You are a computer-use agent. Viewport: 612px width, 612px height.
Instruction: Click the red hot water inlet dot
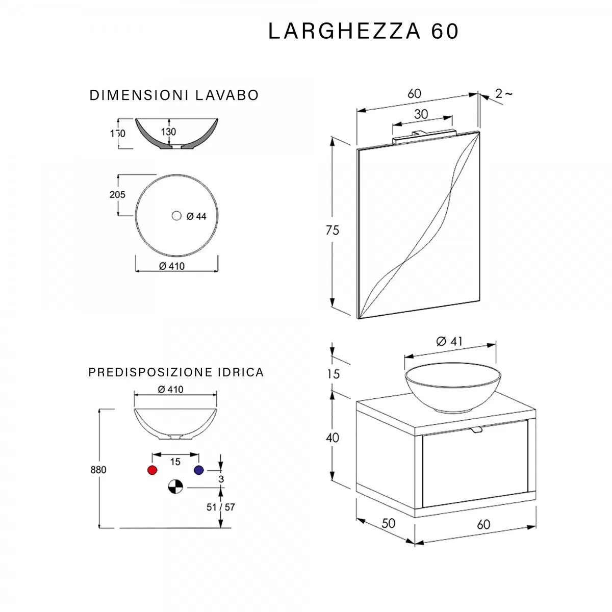tap(152, 470)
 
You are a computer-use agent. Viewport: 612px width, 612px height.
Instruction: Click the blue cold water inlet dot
tap(198, 470)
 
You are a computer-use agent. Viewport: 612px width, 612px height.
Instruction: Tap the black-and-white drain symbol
tap(175, 487)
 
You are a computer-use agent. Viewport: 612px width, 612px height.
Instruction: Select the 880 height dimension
tap(98, 470)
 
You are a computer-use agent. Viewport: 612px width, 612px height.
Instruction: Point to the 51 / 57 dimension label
tap(220, 507)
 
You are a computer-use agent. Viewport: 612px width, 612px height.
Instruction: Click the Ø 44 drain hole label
tap(196, 216)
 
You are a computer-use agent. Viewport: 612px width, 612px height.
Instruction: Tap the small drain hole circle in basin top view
tap(176, 216)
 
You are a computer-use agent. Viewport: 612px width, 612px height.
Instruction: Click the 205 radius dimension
tap(117, 194)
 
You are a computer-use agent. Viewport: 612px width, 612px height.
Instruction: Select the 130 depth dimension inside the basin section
tap(168, 132)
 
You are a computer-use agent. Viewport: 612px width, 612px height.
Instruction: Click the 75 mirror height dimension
tap(332, 230)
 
